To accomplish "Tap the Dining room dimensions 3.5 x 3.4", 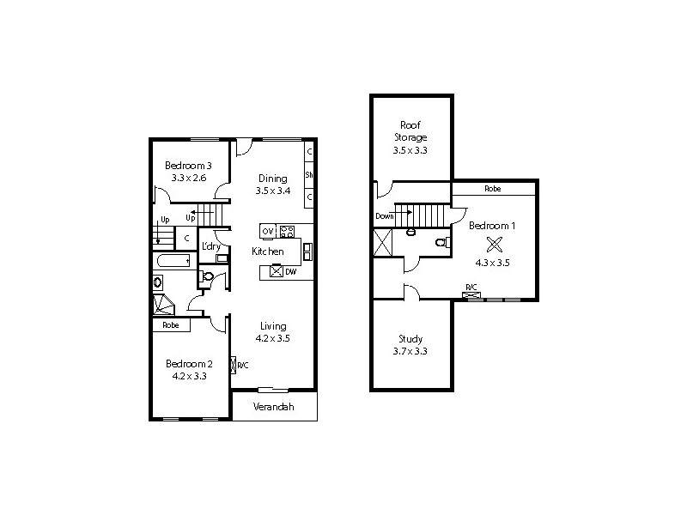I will [272, 191].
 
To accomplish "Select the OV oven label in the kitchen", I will [267, 231].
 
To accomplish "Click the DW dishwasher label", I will [293, 271].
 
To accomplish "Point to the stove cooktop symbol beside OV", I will [287, 231].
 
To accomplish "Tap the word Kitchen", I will [268, 251].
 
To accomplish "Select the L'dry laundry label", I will [211, 246].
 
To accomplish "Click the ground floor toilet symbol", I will [206, 276].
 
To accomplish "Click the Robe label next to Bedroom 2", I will [171, 325].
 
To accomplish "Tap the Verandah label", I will [274, 406].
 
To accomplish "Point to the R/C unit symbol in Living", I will [234, 366].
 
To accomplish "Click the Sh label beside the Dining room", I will [308, 175].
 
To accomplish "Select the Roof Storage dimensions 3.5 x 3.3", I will [410, 150].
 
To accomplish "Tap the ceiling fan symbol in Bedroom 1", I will [493, 244].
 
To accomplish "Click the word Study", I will [410, 339].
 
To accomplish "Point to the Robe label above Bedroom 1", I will [493, 188].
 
